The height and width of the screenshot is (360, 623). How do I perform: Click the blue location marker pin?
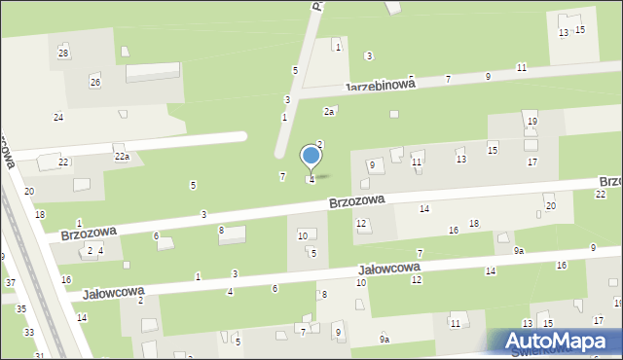point(311,157)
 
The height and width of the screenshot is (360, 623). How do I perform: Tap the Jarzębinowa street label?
point(380,86)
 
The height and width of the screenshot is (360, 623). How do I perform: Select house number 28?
point(63,53)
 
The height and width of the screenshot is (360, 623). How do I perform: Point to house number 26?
point(95,82)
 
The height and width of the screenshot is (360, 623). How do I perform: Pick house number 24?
point(58,118)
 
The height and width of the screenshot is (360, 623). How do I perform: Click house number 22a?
point(122,157)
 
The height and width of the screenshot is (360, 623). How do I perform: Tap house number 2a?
point(330,112)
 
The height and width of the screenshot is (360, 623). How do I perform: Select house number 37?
point(10,283)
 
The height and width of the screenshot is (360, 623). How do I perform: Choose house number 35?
point(21,309)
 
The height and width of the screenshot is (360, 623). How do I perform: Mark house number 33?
point(29,333)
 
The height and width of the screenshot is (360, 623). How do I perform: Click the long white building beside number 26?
point(153,72)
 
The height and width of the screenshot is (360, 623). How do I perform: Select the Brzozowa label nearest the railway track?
point(89,234)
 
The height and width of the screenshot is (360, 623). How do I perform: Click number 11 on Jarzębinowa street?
point(522,67)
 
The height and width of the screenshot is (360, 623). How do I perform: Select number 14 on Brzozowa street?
point(424,209)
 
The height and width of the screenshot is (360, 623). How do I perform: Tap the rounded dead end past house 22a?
point(238,138)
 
